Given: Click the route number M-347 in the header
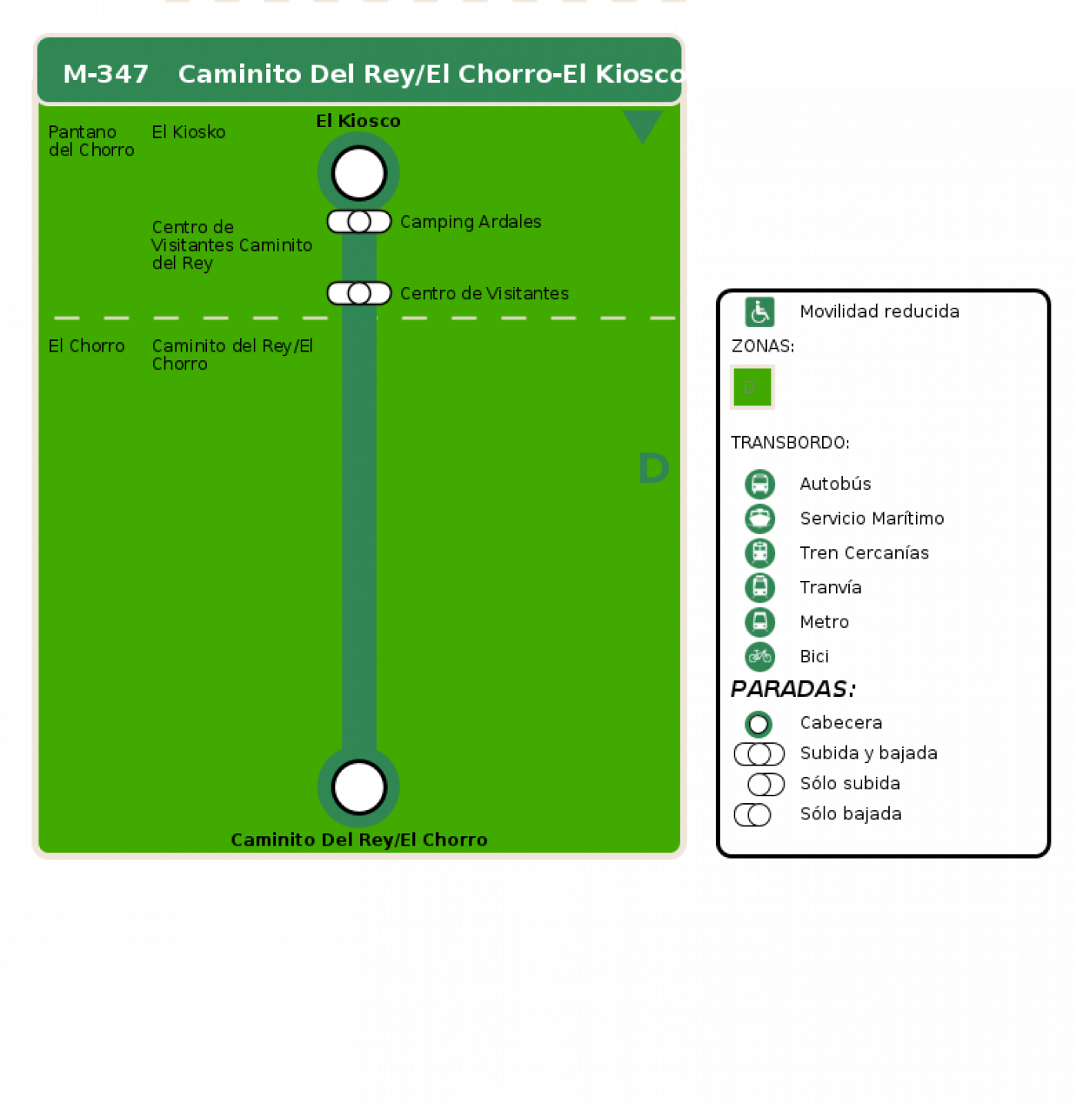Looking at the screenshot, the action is coord(105,75).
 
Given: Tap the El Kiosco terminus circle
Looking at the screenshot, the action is coord(359,173).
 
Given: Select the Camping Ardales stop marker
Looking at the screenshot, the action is coord(359,222).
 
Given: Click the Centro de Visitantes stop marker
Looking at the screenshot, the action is coord(359,293).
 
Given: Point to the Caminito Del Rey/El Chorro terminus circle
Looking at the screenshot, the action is coord(359,787).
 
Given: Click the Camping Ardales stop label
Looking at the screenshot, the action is coord(471,222).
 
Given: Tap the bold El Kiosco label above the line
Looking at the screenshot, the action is coord(358,121).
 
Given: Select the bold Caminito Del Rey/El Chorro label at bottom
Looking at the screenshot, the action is coord(359,839).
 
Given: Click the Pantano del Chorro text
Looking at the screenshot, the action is coord(92,141).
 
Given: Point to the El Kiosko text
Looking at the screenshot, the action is coord(188,132).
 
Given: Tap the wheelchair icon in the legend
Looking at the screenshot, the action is coord(760,312).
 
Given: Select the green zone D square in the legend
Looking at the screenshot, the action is coord(752,387).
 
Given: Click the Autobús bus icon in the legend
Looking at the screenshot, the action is coord(760,484).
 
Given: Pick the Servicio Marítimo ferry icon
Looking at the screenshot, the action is coord(760,519).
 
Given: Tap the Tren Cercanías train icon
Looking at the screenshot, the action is coord(760,553).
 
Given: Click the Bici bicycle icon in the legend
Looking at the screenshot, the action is coord(760,656).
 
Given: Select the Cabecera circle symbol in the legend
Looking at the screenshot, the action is coord(758,724).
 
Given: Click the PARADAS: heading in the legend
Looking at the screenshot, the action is coord(793,689).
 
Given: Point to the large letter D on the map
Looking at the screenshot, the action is coord(654,468).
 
